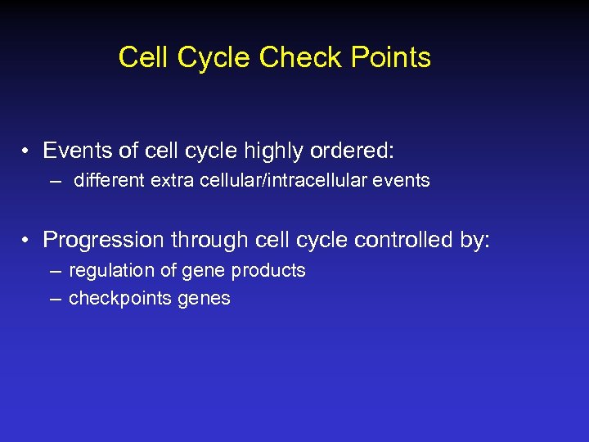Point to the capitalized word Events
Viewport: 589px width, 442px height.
click(x=76, y=151)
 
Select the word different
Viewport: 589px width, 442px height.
click(x=109, y=180)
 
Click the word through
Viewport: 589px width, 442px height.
click(x=210, y=240)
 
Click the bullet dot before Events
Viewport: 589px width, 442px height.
click(x=27, y=151)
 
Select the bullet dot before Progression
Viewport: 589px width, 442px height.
click(x=27, y=240)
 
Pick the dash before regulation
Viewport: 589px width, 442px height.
click(x=55, y=271)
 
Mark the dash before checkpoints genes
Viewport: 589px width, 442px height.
click(x=55, y=299)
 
